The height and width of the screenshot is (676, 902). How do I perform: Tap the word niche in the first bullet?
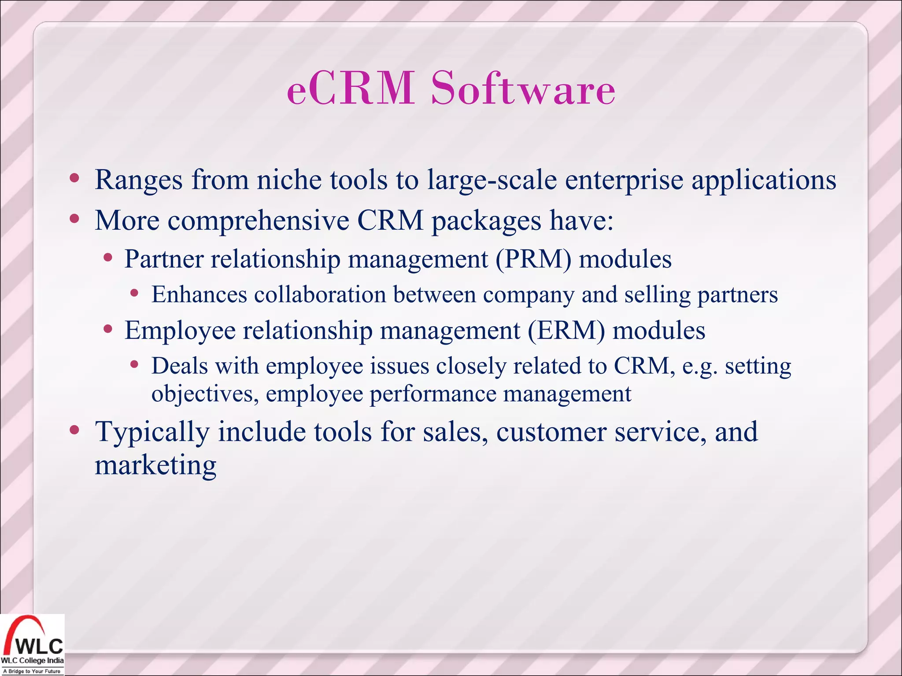(289, 180)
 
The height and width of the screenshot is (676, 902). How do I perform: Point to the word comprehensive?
(258, 220)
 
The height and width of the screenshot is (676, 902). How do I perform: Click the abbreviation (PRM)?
(533, 259)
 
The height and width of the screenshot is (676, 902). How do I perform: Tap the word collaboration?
(320, 294)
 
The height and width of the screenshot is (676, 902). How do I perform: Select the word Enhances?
(199, 294)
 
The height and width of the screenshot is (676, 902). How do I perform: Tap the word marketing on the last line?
(155, 466)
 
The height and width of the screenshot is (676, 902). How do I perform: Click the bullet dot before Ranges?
(74, 178)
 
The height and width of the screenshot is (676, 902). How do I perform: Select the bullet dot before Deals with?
(135, 364)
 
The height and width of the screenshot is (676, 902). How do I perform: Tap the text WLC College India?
(32, 661)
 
